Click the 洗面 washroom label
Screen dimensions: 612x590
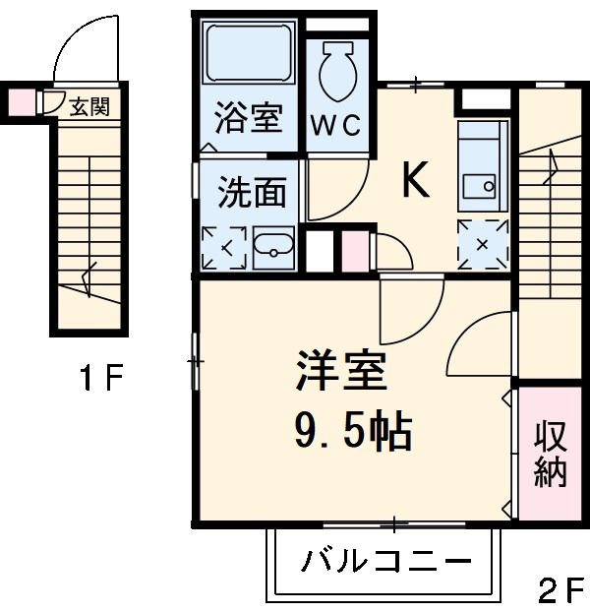(x=251, y=193)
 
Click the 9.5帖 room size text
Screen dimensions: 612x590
(x=351, y=429)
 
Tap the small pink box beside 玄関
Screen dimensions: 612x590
(x=21, y=102)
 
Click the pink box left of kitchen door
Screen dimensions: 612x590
(x=353, y=253)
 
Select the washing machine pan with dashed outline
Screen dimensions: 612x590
(x=223, y=248)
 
